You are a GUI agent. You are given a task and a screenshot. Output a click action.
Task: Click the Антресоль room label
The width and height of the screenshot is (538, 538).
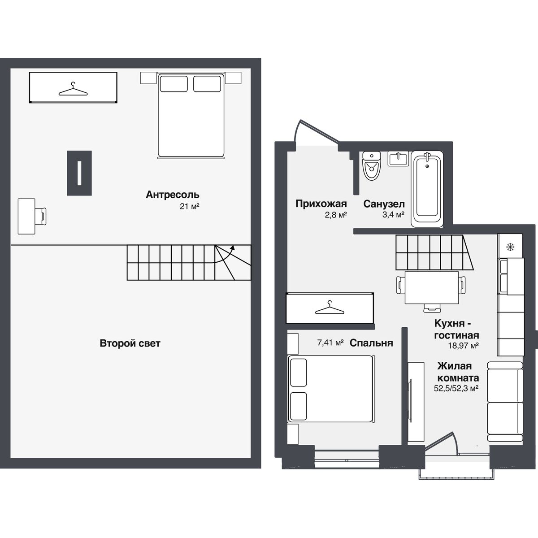tap(173, 195)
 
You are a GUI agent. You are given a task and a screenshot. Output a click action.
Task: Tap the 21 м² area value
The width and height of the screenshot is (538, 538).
tap(190, 206)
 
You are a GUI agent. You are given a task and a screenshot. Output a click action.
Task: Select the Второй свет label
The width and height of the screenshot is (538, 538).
tap(130, 343)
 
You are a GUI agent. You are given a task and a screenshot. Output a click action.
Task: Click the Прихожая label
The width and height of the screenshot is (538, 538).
tap(321, 204)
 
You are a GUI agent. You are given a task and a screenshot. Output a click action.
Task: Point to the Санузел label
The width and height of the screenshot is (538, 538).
tap(384, 204)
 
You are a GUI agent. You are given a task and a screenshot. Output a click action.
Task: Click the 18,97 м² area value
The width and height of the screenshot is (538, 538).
tap(464, 346)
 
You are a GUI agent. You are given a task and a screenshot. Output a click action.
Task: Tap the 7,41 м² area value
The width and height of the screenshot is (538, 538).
tap(330, 342)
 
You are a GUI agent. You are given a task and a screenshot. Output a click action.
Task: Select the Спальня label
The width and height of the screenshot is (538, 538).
tap(371, 343)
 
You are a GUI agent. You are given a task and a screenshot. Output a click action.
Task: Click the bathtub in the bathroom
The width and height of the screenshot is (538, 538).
tap(427, 189)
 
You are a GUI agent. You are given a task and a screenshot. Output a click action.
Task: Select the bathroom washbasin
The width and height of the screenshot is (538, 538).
tap(398, 159)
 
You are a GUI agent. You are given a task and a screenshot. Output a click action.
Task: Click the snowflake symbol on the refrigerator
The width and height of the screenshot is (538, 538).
tap(510, 247)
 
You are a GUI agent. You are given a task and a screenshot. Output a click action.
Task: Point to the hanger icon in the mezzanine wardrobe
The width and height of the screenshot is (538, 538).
tap(73, 89)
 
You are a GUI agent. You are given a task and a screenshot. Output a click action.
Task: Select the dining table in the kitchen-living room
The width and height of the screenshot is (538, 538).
tap(432, 287)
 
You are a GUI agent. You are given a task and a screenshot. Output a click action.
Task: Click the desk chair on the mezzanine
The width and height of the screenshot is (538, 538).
tap(41, 216)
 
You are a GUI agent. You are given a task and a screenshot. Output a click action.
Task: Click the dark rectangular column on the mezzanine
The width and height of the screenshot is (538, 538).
tap(79, 173)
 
